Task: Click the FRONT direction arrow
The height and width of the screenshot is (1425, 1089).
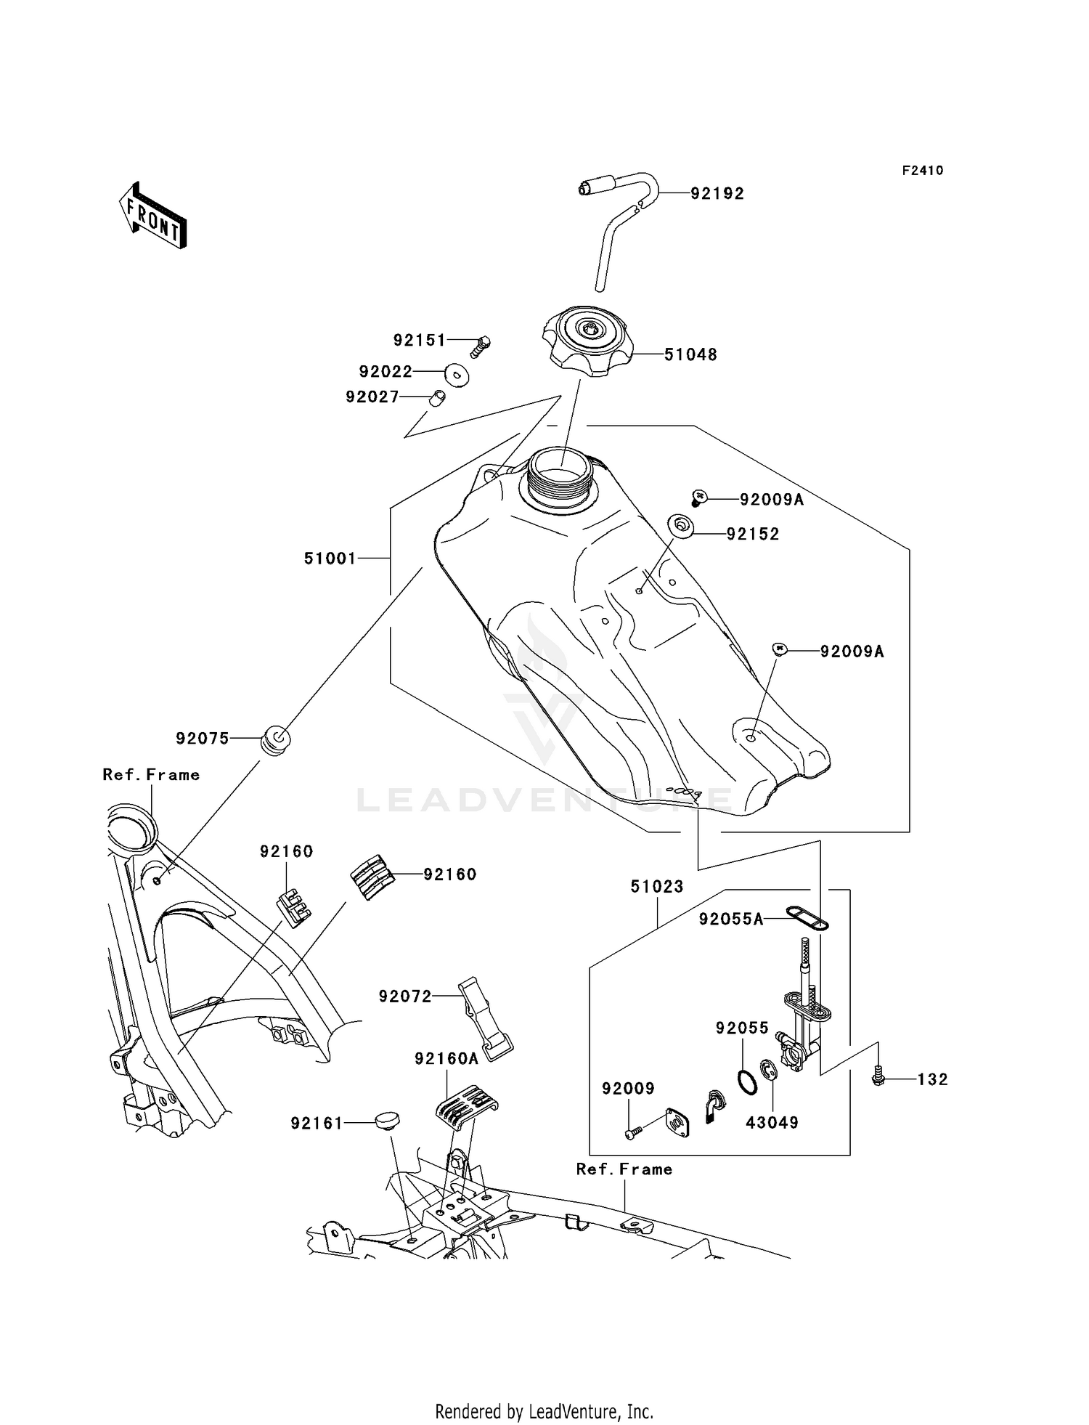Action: click(x=153, y=216)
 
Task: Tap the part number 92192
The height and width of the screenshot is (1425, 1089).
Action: click(x=717, y=194)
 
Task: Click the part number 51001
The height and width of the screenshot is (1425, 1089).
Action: click(x=330, y=559)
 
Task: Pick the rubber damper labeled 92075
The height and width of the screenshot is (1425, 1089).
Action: click(x=276, y=739)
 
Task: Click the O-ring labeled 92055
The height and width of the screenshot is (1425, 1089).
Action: click(x=747, y=1081)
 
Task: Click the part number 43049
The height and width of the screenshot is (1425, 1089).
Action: click(x=772, y=1123)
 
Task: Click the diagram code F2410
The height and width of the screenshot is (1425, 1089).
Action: click(x=922, y=171)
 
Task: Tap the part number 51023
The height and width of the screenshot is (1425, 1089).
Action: click(x=656, y=887)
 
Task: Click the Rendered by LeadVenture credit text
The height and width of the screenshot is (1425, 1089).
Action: click(x=544, y=1411)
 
